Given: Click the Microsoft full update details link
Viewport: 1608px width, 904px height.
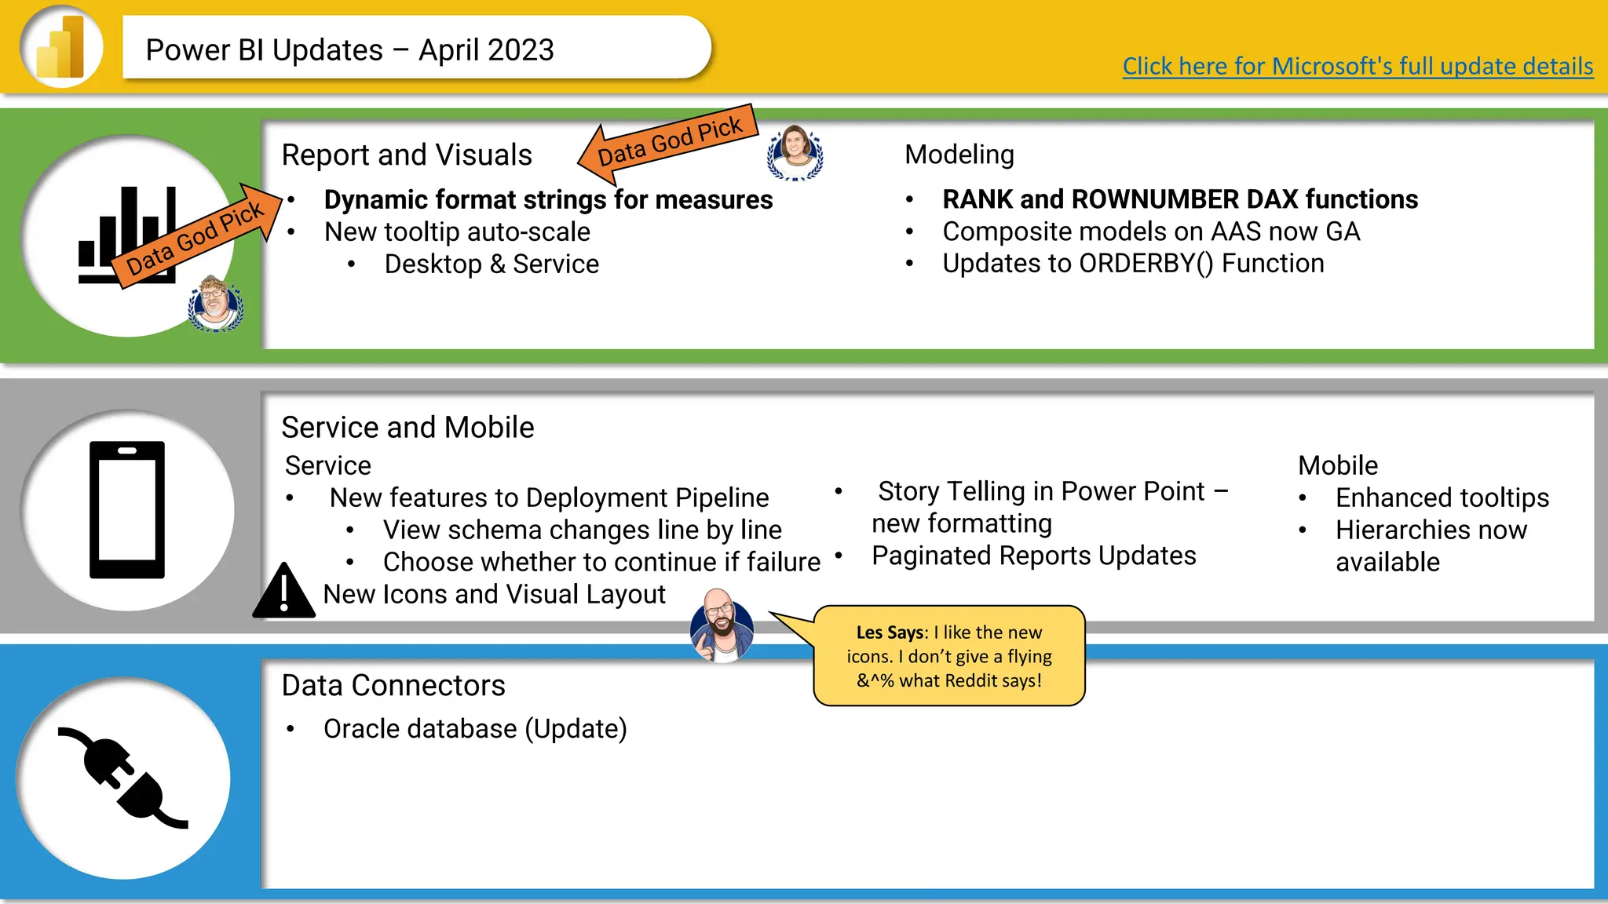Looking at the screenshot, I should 1357,66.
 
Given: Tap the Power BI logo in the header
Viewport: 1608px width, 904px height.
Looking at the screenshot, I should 61,47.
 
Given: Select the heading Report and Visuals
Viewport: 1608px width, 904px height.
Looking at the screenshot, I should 407,155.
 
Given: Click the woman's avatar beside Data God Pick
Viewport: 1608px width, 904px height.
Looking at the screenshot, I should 795,152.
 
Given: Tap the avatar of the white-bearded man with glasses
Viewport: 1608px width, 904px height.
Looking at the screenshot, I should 214,303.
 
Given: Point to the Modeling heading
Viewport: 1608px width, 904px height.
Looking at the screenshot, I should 959,155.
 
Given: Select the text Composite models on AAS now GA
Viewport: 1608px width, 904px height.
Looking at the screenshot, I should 1151,231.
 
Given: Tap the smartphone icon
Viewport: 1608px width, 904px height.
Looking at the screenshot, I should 127,510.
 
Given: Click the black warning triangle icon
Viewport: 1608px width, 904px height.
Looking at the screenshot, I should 283,592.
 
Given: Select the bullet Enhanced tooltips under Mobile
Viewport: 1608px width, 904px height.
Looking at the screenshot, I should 1442,498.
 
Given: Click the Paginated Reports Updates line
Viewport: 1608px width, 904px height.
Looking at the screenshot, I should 1033,556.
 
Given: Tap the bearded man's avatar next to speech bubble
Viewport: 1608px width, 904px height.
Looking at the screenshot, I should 722,625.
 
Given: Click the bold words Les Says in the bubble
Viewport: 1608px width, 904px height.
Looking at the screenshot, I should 890,632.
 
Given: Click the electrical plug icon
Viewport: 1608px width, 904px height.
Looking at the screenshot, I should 124,778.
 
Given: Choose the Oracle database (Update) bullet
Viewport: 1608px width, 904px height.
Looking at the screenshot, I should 475,729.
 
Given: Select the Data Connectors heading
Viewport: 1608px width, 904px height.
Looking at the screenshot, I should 393,685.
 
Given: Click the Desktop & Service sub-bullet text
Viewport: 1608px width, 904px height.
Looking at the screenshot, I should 492,264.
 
